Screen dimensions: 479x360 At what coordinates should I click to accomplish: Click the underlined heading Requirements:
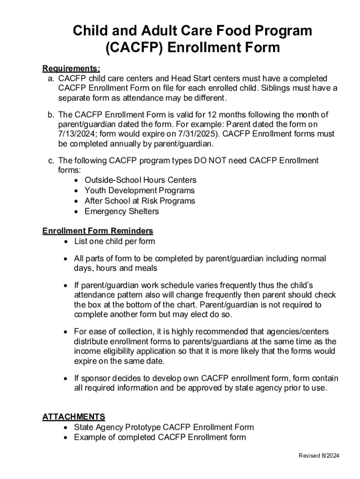[71, 68]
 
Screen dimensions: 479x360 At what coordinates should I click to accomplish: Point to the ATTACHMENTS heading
[73, 416]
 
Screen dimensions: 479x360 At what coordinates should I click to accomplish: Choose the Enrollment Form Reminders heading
[98, 231]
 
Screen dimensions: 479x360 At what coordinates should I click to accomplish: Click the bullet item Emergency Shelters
[122, 211]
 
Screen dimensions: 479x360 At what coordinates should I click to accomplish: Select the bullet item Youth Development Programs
[139, 190]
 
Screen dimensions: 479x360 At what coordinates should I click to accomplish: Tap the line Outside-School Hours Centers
[140, 180]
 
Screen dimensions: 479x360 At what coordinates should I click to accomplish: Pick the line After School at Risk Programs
[140, 201]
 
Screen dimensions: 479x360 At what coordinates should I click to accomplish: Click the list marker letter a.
[50, 78]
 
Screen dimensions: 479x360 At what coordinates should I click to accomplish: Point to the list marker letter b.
[50, 115]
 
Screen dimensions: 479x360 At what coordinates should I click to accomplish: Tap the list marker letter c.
[50, 160]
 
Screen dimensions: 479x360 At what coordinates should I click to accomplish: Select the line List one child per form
[115, 241]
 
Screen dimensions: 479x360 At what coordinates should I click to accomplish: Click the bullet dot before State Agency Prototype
[65, 428]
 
